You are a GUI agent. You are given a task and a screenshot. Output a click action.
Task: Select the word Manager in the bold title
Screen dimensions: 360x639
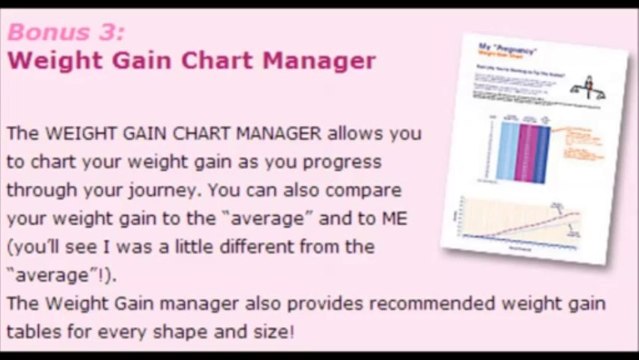(319, 61)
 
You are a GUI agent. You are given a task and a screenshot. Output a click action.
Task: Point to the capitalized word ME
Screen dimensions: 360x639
(392, 218)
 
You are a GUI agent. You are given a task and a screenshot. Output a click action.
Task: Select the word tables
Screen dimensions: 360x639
(33, 331)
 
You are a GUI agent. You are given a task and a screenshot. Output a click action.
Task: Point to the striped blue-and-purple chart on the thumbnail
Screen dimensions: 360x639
(521, 150)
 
